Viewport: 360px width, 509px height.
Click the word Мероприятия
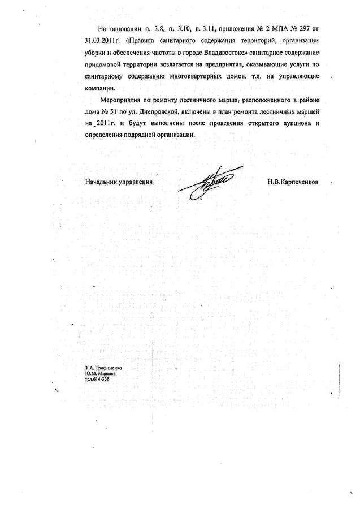(x=123, y=99)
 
